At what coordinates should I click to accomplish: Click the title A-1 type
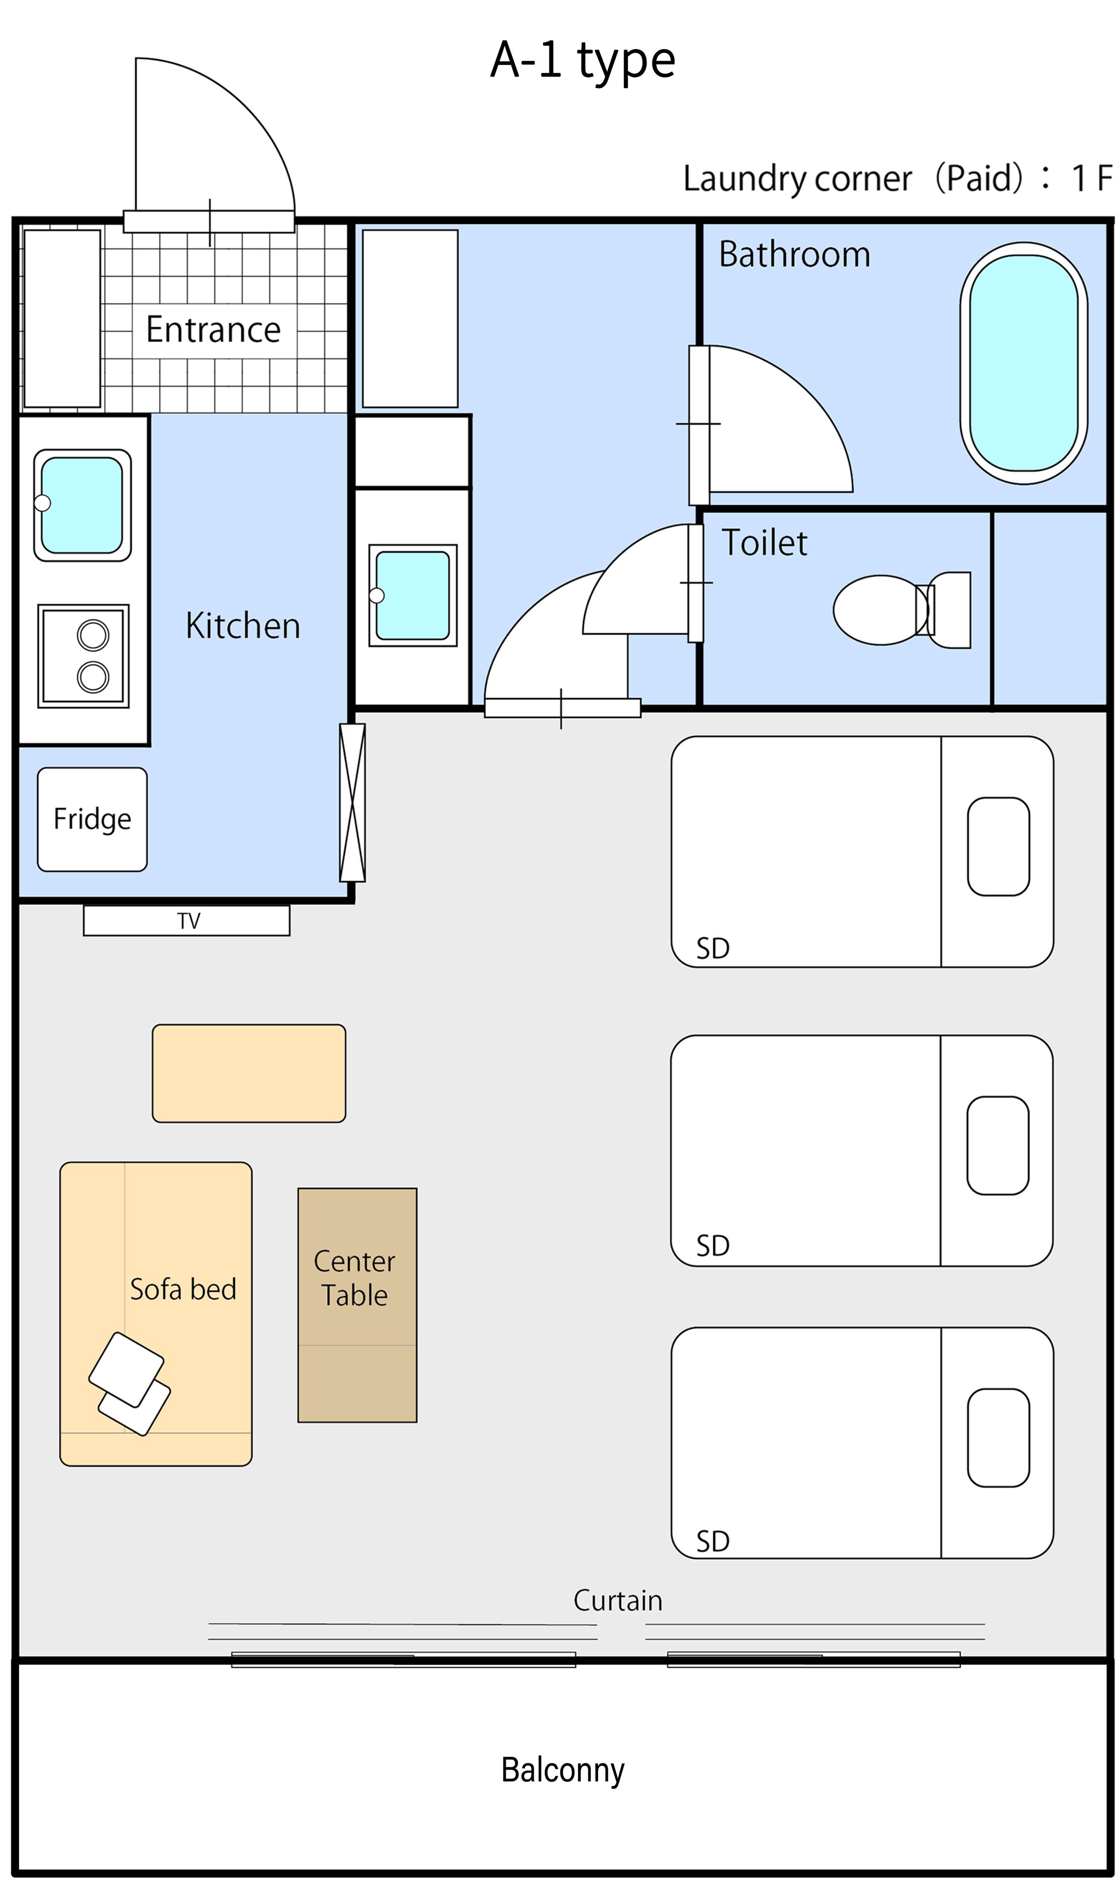click(582, 61)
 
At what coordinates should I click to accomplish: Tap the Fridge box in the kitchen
click(92, 819)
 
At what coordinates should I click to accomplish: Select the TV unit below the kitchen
click(187, 920)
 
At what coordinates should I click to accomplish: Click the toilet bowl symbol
click(902, 610)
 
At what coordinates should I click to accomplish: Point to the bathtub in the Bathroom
click(1024, 363)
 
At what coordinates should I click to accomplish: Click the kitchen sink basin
click(82, 505)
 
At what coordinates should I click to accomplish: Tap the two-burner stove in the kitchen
click(83, 656)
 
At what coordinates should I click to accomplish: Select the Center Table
click(357, 1306)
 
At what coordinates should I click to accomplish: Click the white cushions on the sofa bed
click(130, 1385)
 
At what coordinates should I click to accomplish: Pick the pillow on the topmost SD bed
click(998, 847)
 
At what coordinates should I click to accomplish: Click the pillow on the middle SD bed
click(997, 1146)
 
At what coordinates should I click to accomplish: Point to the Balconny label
click(563, 1770)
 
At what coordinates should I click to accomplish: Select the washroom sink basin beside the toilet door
click(413, 596)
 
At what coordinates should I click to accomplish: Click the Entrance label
click(213, 329)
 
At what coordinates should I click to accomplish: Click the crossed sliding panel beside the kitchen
click(353, 802)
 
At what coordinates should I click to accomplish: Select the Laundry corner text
click(797, 179)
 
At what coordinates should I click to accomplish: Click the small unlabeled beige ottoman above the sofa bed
click(249, 1073)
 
